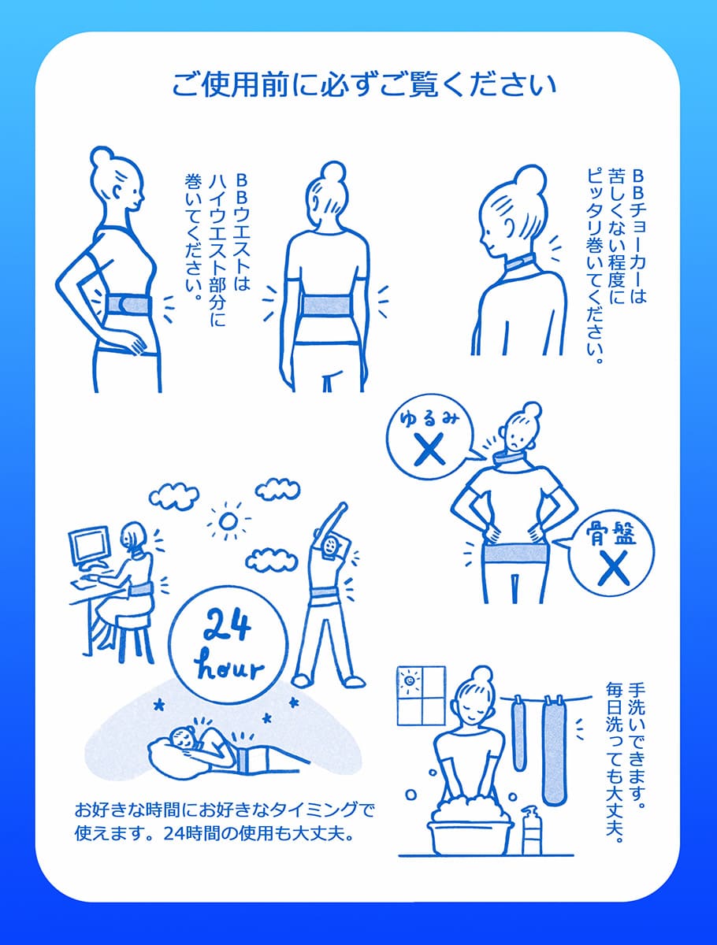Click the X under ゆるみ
pos(429,449)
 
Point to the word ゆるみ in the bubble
pos(429,418)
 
